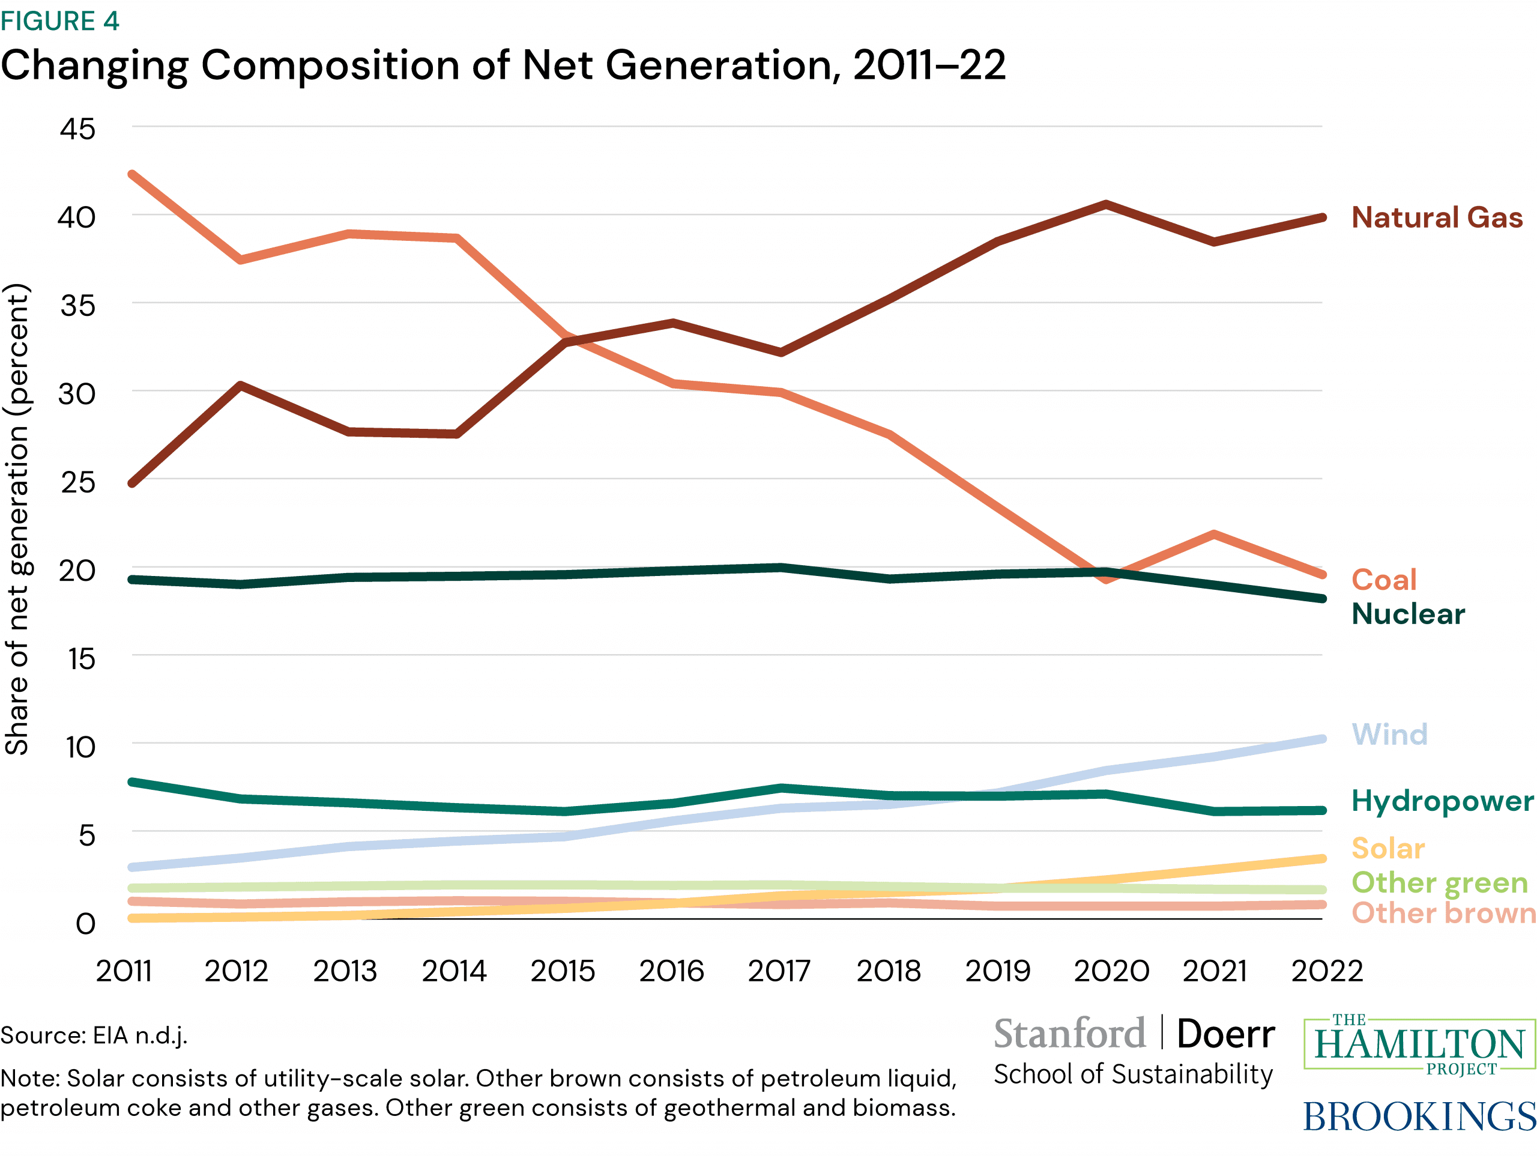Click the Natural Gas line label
pos(1436,217)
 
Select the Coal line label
pos(1383,580)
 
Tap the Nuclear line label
pos(1408,614)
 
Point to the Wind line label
pos(1389,734)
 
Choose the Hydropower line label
pos(1442,801)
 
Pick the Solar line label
pos(1388,848)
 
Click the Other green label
pos(1439,882)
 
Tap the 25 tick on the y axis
pos(78,482)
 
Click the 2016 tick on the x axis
pos(671,971)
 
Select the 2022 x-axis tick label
pos(1326,971)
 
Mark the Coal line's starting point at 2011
pos(132,174)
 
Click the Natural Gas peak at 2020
pos(1105,204)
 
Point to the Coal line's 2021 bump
pos(1214,535)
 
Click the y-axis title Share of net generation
pos(17,519)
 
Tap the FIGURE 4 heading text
pos(60,21)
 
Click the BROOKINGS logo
pos(1418,1117)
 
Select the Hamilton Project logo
pos(1419,1044)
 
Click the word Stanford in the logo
pos(1069,1034)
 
